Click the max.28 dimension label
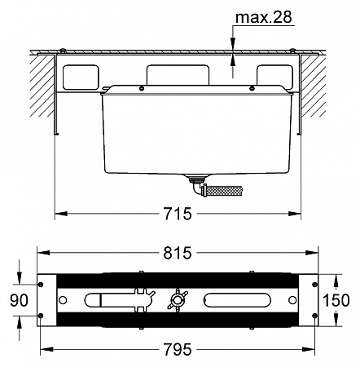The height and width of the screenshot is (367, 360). pyautogui.click(x=264, y=17)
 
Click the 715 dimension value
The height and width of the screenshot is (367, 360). pyautogui.click(x=178, y=214)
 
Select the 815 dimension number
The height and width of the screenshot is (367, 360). pyautogui.click(x=178, y=253)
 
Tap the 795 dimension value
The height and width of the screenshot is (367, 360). pyautogui.click(x=178, y=349)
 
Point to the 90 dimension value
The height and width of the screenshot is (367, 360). pyautogui.click(x=19, y=301)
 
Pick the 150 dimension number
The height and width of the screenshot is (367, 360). pyautogui.click(x=336, y=300)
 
